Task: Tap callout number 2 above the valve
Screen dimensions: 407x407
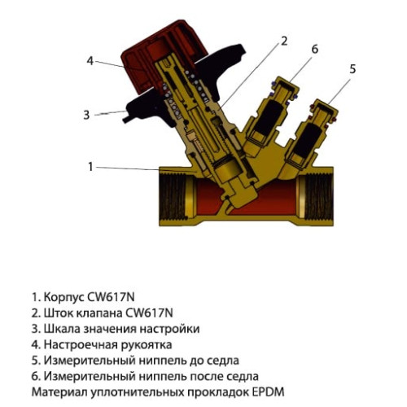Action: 284,40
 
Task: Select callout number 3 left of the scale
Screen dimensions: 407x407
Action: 86,115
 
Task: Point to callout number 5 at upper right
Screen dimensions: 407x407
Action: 352,69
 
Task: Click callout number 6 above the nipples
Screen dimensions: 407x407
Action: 313,49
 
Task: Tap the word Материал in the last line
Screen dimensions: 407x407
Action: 59,392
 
